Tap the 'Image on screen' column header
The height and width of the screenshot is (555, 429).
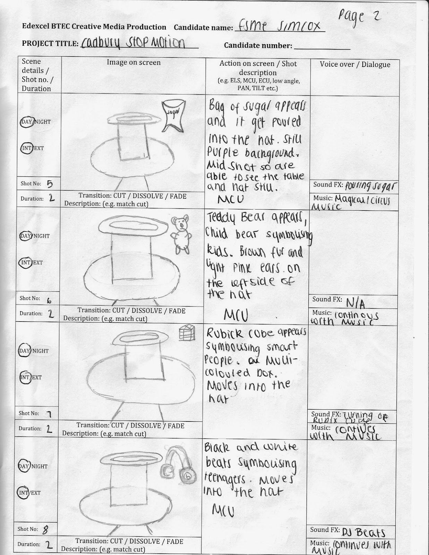[x=134, y=62]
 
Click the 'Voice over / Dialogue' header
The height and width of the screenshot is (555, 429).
[x=355, y=64]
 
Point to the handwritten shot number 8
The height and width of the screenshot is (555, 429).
[x=45, y=529]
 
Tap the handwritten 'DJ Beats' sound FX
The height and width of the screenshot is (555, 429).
[x=363, y=531]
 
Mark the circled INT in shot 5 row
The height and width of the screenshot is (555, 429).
[x=26, y=148]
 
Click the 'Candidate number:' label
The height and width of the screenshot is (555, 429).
[x=258, y=45]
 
